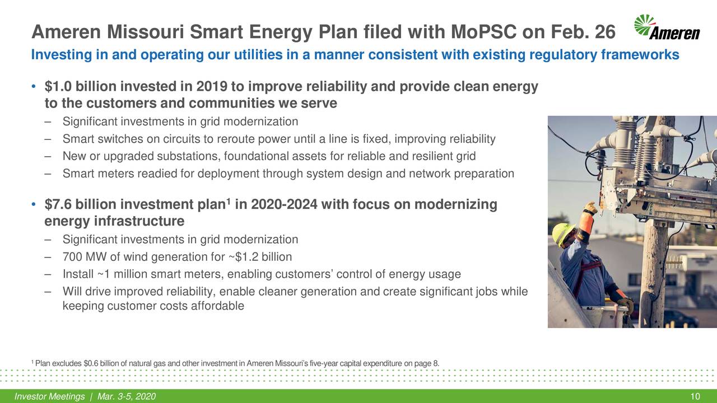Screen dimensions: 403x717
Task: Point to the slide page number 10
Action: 695,397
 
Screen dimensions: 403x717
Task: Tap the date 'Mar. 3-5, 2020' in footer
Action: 126,397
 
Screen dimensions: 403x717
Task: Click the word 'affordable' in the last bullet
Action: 216,306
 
